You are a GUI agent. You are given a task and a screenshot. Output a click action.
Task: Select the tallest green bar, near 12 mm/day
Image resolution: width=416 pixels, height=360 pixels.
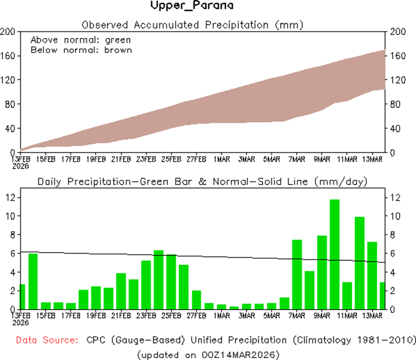point(334,254)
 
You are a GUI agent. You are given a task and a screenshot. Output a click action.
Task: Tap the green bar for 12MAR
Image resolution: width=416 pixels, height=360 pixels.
point(360,263)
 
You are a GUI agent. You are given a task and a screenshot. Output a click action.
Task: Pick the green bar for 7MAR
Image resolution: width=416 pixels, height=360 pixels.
point(297,274)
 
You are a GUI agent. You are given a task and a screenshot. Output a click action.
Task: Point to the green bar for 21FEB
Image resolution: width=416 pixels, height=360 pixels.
point(121,291)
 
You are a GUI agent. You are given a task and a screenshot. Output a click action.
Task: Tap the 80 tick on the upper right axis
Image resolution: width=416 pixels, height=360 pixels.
point(394,104)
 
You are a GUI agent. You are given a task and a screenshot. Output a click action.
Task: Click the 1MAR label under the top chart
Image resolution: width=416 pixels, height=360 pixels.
point(221,159)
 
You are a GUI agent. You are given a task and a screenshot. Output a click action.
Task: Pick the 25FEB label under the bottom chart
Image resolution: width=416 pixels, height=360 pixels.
point(171,316)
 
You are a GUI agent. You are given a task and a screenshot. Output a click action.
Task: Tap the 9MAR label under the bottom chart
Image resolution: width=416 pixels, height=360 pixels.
point(322,316)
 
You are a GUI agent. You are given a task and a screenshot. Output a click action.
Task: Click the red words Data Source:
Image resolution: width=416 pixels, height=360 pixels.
point(47,340)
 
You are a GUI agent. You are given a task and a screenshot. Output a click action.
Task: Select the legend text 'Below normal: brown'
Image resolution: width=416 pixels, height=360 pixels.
point(81,49)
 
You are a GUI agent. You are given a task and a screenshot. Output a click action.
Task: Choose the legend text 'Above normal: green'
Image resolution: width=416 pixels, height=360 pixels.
point(81,40)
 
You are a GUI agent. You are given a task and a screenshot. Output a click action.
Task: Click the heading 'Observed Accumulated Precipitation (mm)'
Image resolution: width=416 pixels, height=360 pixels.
point(192,24)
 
